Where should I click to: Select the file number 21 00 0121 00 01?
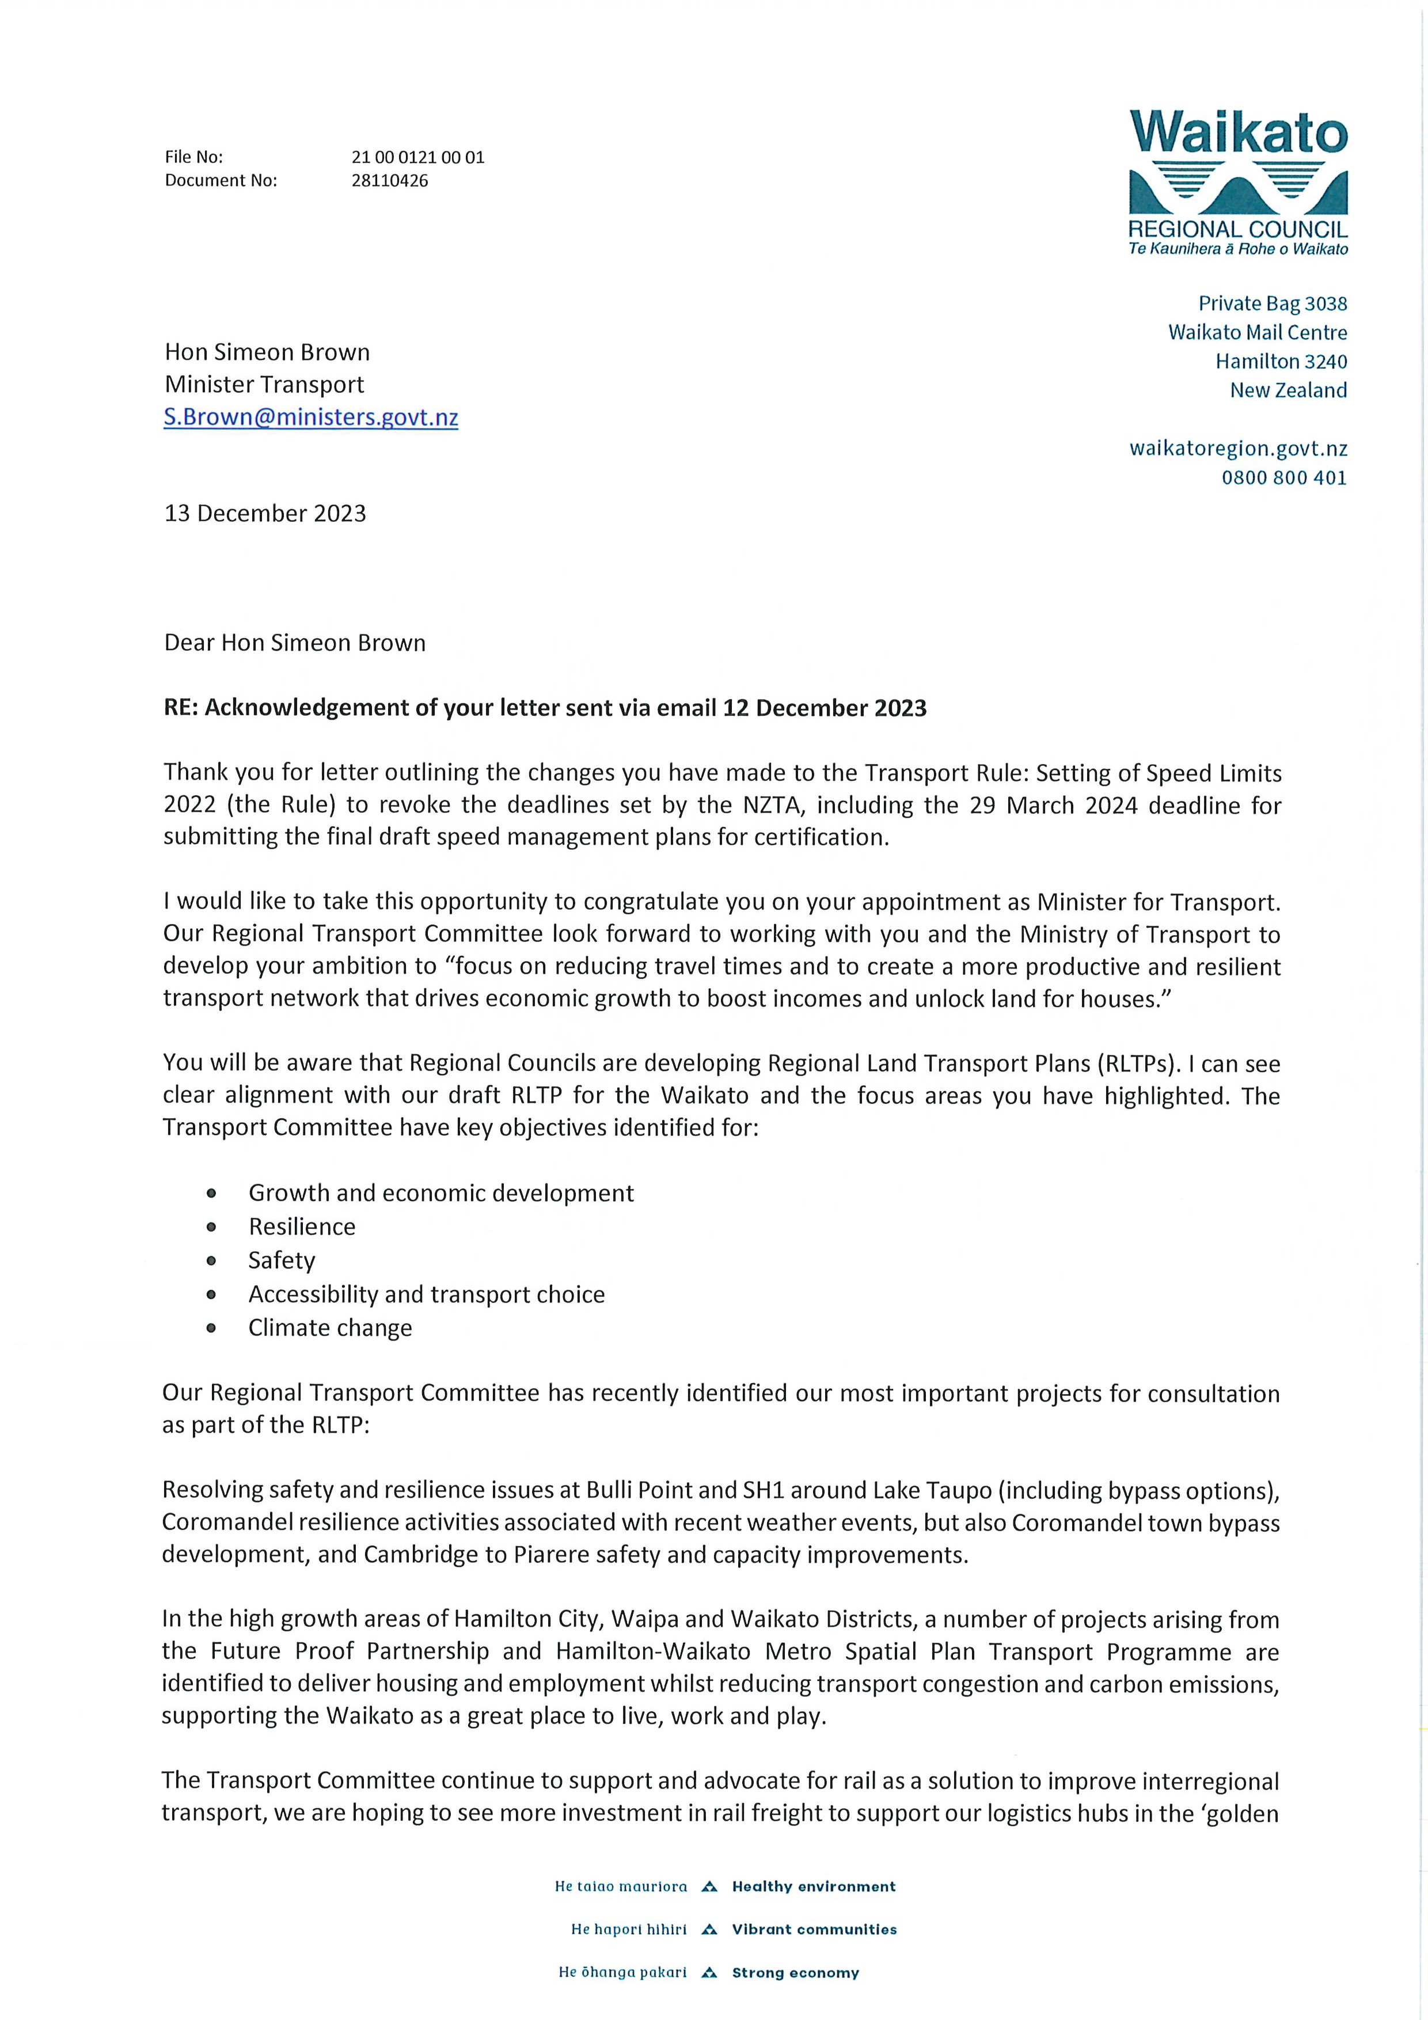(x=417, y=157)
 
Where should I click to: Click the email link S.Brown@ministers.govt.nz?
(x=310, y=417)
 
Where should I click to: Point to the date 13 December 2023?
(x=265, y=514)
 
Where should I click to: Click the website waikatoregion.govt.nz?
(x=1238, y=449)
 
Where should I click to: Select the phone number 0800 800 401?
(x=1283, y=478)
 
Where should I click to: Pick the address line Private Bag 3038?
(x=1273, y=303)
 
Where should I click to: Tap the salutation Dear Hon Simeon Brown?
(x=295, y=643)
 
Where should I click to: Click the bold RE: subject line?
(x=545, y=708)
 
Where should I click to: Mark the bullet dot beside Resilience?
(x=211, y=1227)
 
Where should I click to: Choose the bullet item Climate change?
(x=330, y=1328)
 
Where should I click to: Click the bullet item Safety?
(x=282, y=1260)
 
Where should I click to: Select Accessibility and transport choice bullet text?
(x=427, y=1294)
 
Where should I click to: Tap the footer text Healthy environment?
(x=814, y=1886)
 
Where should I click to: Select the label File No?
(x=193, y=157)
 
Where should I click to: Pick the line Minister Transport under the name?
(x=264, y=385)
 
